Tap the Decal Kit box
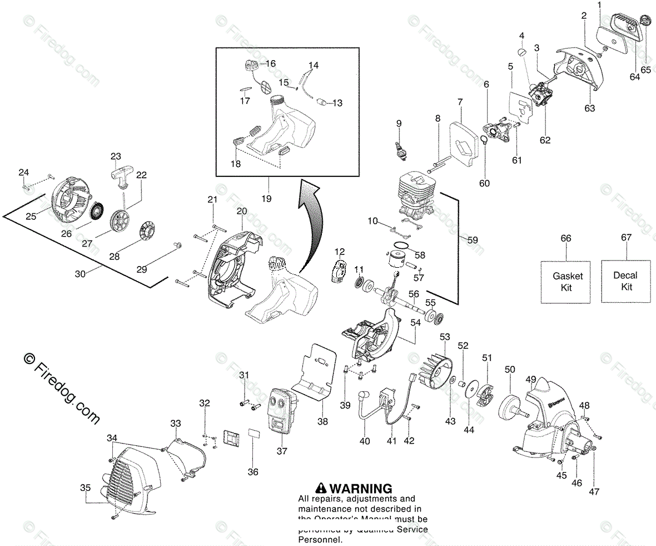tap(626, 281)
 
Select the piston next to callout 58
tap(399, 262)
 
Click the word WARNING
tap(360, 489)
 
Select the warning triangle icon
tap(321, 488)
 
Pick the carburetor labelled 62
tap(538, 95)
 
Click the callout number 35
tap(85, 488)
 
